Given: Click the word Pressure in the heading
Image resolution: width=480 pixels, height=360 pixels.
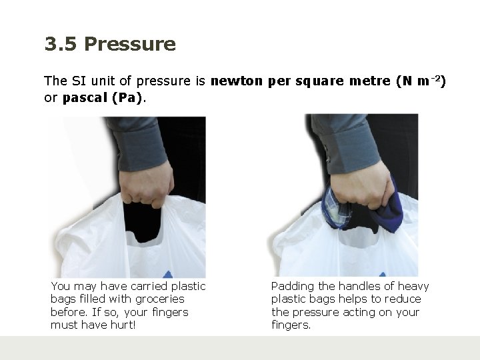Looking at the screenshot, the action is click(130, 44).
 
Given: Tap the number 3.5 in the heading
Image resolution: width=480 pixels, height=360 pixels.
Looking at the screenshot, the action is click(61, 44).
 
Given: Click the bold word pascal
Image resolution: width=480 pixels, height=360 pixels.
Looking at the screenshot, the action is click(85, 98).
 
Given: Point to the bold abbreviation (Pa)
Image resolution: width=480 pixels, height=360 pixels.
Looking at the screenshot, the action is click(127, 98).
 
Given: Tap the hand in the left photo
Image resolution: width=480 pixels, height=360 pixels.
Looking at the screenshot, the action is click(146, 185).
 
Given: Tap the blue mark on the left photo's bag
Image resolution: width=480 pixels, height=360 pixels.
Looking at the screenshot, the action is click(168, 274).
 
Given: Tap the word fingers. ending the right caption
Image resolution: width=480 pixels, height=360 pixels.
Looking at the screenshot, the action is click(291, 325).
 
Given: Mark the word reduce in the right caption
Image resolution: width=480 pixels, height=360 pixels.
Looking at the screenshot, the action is click(403, 299).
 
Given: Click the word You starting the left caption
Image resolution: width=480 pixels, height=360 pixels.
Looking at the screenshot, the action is click(61, 286).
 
